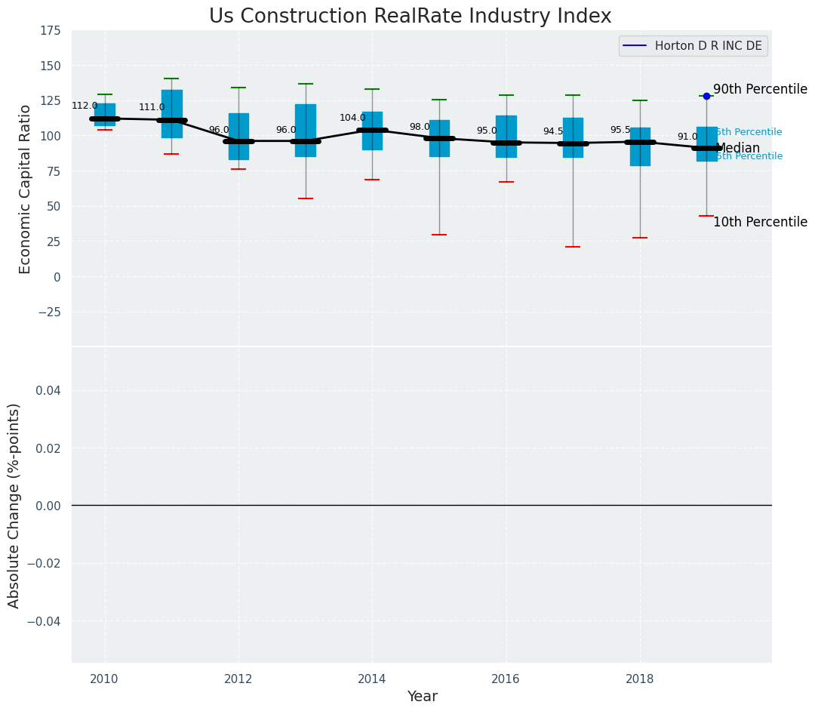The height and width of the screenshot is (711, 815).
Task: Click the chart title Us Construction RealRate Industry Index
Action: tap(410, 17)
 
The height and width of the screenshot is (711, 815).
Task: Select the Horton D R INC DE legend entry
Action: tap(693, 45)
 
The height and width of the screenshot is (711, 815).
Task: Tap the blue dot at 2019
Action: tap(706, 96)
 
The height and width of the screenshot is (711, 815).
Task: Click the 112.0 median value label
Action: tap(85, 106)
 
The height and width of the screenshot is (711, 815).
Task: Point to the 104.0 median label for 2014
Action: tap(352, 118)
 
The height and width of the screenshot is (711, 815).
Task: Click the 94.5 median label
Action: tap(553, 131)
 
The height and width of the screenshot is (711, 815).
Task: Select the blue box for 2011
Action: tap(171, 113)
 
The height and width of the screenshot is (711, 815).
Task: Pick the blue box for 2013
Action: tap(306, 130)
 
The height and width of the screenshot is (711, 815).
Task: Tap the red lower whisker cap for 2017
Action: tap(573, 247)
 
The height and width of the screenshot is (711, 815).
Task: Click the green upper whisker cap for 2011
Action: tap(171, 78)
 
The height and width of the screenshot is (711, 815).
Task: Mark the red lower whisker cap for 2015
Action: tap(439, 235)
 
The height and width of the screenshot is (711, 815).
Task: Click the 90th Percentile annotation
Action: tap(760, 89)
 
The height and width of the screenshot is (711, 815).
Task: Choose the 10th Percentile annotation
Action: tap(760, 222)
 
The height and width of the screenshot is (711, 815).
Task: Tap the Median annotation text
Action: tap(738, 148)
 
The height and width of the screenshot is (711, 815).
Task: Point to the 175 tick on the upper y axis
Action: tap(51, 31)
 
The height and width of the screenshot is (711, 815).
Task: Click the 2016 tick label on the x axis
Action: tap(506, 679)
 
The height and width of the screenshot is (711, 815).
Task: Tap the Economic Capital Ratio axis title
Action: tap(26, 189)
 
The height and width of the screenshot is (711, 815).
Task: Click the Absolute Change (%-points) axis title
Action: tap(14, 505)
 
